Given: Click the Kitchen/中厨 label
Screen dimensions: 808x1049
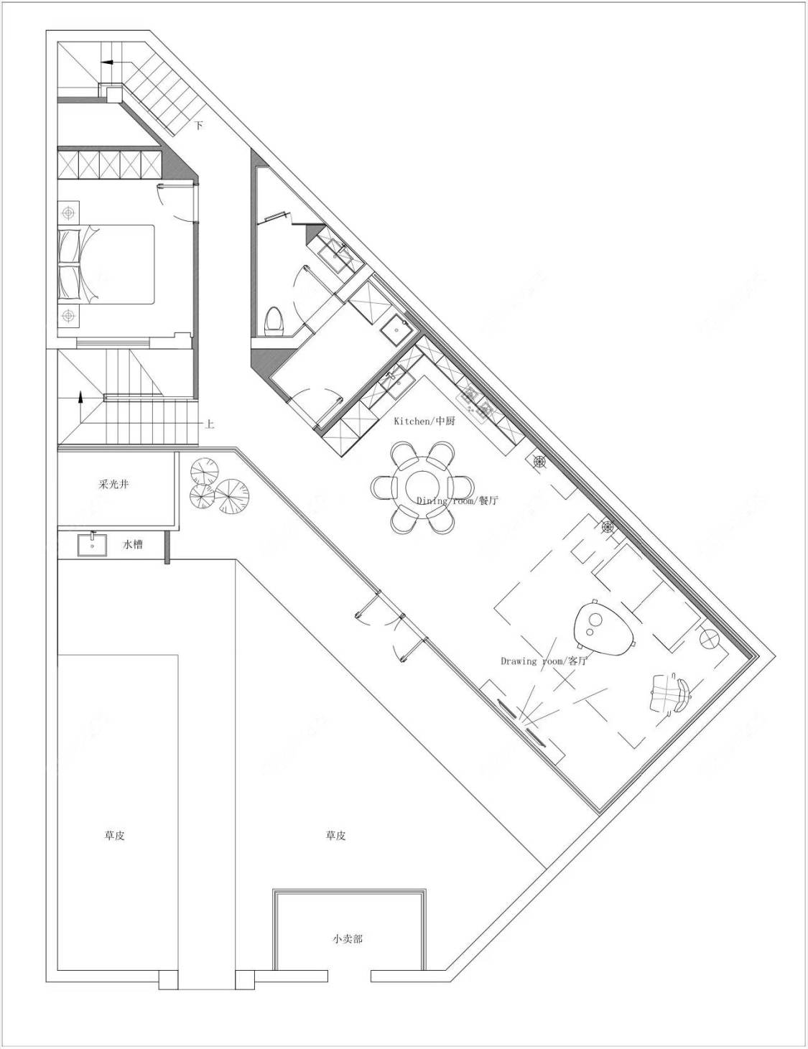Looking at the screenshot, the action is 424,421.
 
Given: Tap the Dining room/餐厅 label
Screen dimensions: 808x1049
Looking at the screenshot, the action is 457,500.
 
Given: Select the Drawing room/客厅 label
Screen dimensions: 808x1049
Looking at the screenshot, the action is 544,661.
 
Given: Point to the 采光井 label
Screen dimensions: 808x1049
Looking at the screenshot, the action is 114,484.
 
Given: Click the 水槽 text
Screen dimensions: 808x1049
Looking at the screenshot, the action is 132,544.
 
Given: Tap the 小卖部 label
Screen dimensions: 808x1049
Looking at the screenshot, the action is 347,939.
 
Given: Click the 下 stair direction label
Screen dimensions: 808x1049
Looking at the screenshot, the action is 199,126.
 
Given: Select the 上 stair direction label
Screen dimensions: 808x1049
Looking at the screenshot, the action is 210,424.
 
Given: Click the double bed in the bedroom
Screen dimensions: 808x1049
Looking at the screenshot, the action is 106,264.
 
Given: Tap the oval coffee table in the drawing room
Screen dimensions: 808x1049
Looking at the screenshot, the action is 603,627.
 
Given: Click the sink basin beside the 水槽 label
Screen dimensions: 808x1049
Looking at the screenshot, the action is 91,544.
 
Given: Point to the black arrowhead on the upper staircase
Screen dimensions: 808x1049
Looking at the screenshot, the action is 107,62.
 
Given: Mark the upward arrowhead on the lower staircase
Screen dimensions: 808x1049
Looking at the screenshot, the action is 80,397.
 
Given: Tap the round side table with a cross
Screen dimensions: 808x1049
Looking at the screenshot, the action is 710,640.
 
